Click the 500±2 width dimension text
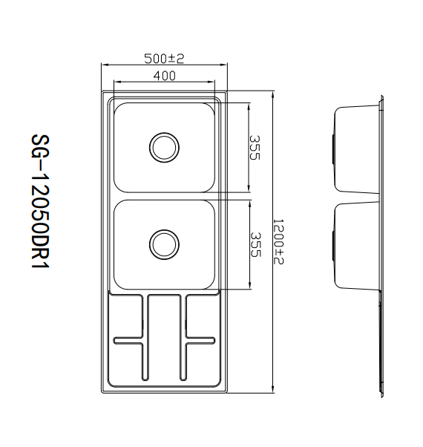164,59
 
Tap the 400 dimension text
165,76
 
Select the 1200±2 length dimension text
278,241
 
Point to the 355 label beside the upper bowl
255,148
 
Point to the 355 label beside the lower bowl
255,244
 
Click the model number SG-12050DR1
40,201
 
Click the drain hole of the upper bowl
164,148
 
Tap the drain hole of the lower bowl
164,244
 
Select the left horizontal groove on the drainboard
128,340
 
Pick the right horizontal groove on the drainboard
200,340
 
